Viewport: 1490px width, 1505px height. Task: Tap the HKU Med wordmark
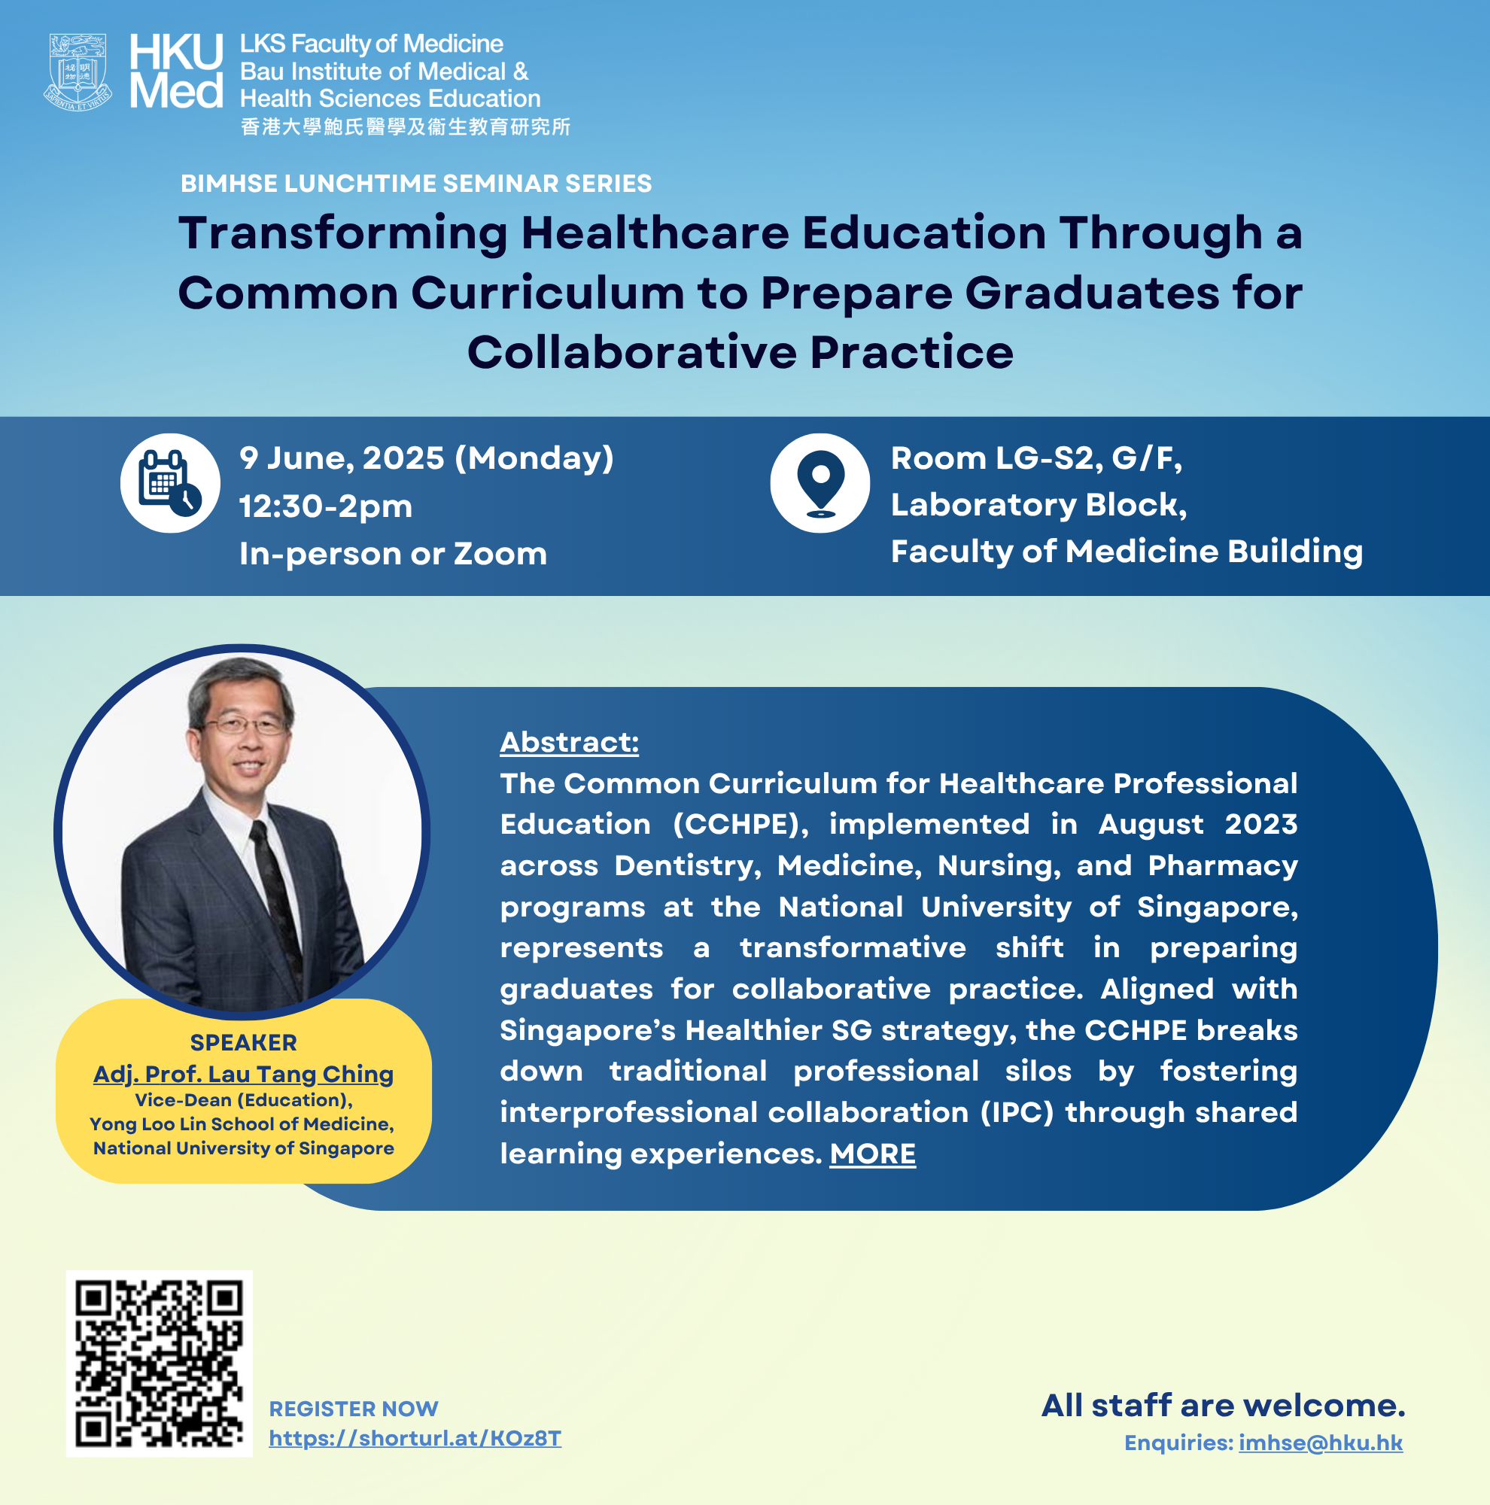pos(176,71)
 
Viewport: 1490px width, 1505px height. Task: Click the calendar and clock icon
pos(170,483)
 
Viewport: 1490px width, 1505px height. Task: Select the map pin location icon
pos(820,483)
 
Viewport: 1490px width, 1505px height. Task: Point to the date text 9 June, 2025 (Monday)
pos(426,458)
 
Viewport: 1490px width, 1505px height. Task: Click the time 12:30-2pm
pos(326,506)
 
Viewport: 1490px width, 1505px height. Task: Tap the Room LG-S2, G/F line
pos(1037,458)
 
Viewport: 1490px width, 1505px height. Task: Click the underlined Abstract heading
pos(570,743)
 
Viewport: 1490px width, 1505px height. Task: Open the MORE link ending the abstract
pos(872,1154)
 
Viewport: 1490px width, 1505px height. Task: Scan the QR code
pos(160,1364)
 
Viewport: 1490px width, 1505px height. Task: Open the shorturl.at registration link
pos(415,1438)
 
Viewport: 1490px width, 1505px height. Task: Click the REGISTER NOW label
pos(354,1409)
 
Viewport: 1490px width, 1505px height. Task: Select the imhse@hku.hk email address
pos(1321,1443)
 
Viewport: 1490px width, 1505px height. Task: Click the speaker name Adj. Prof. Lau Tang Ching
pos(244,1075)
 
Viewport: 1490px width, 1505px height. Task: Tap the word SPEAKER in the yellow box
pos(244,1042)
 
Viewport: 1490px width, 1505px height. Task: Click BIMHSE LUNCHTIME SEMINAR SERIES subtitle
pos(417,184)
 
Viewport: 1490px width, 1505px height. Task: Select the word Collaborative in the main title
pos(632,352)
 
